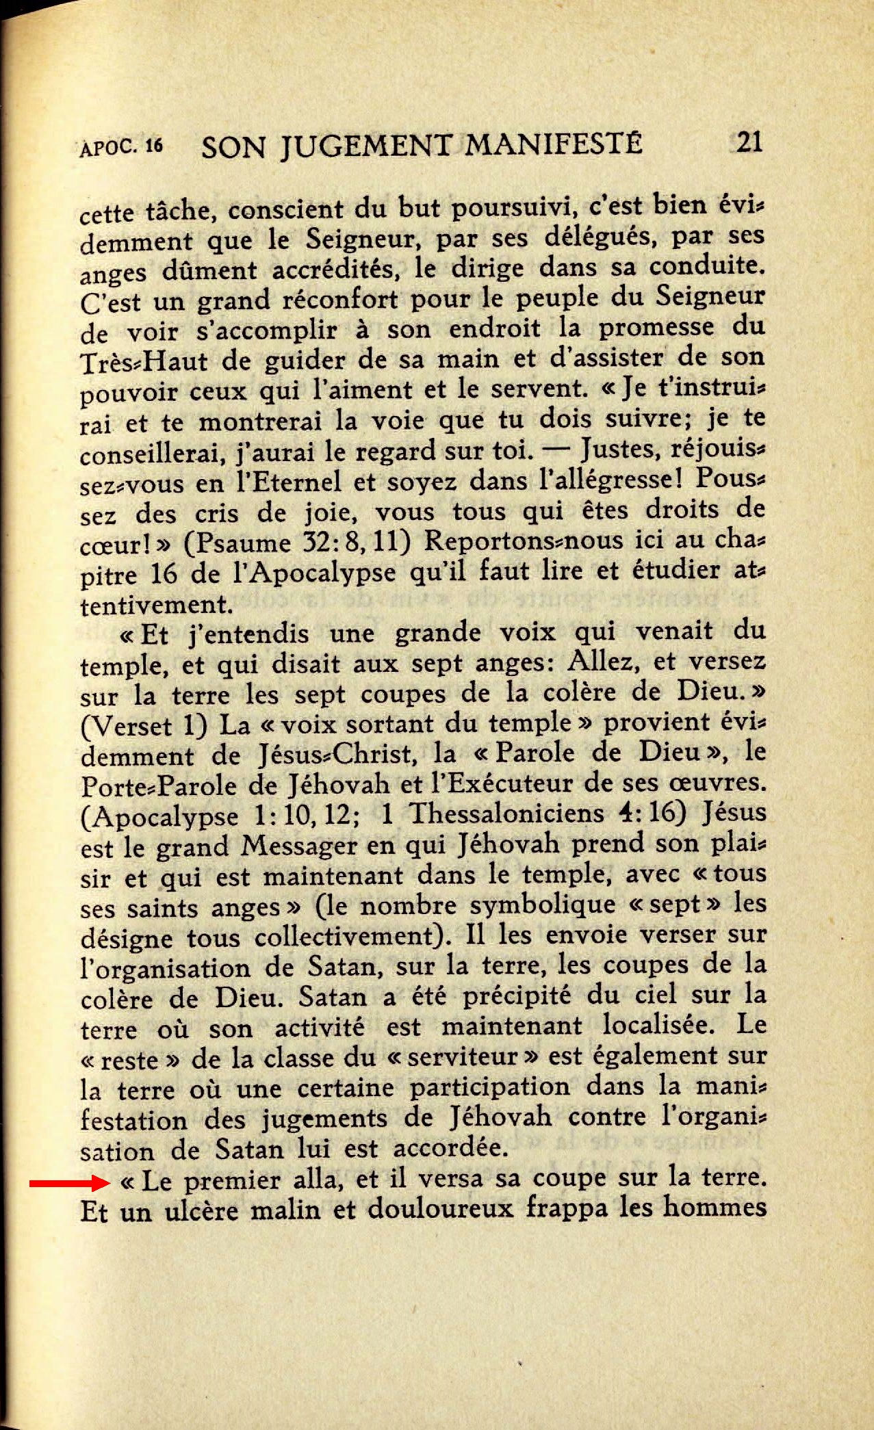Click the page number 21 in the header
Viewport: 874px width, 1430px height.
[747, 143]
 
